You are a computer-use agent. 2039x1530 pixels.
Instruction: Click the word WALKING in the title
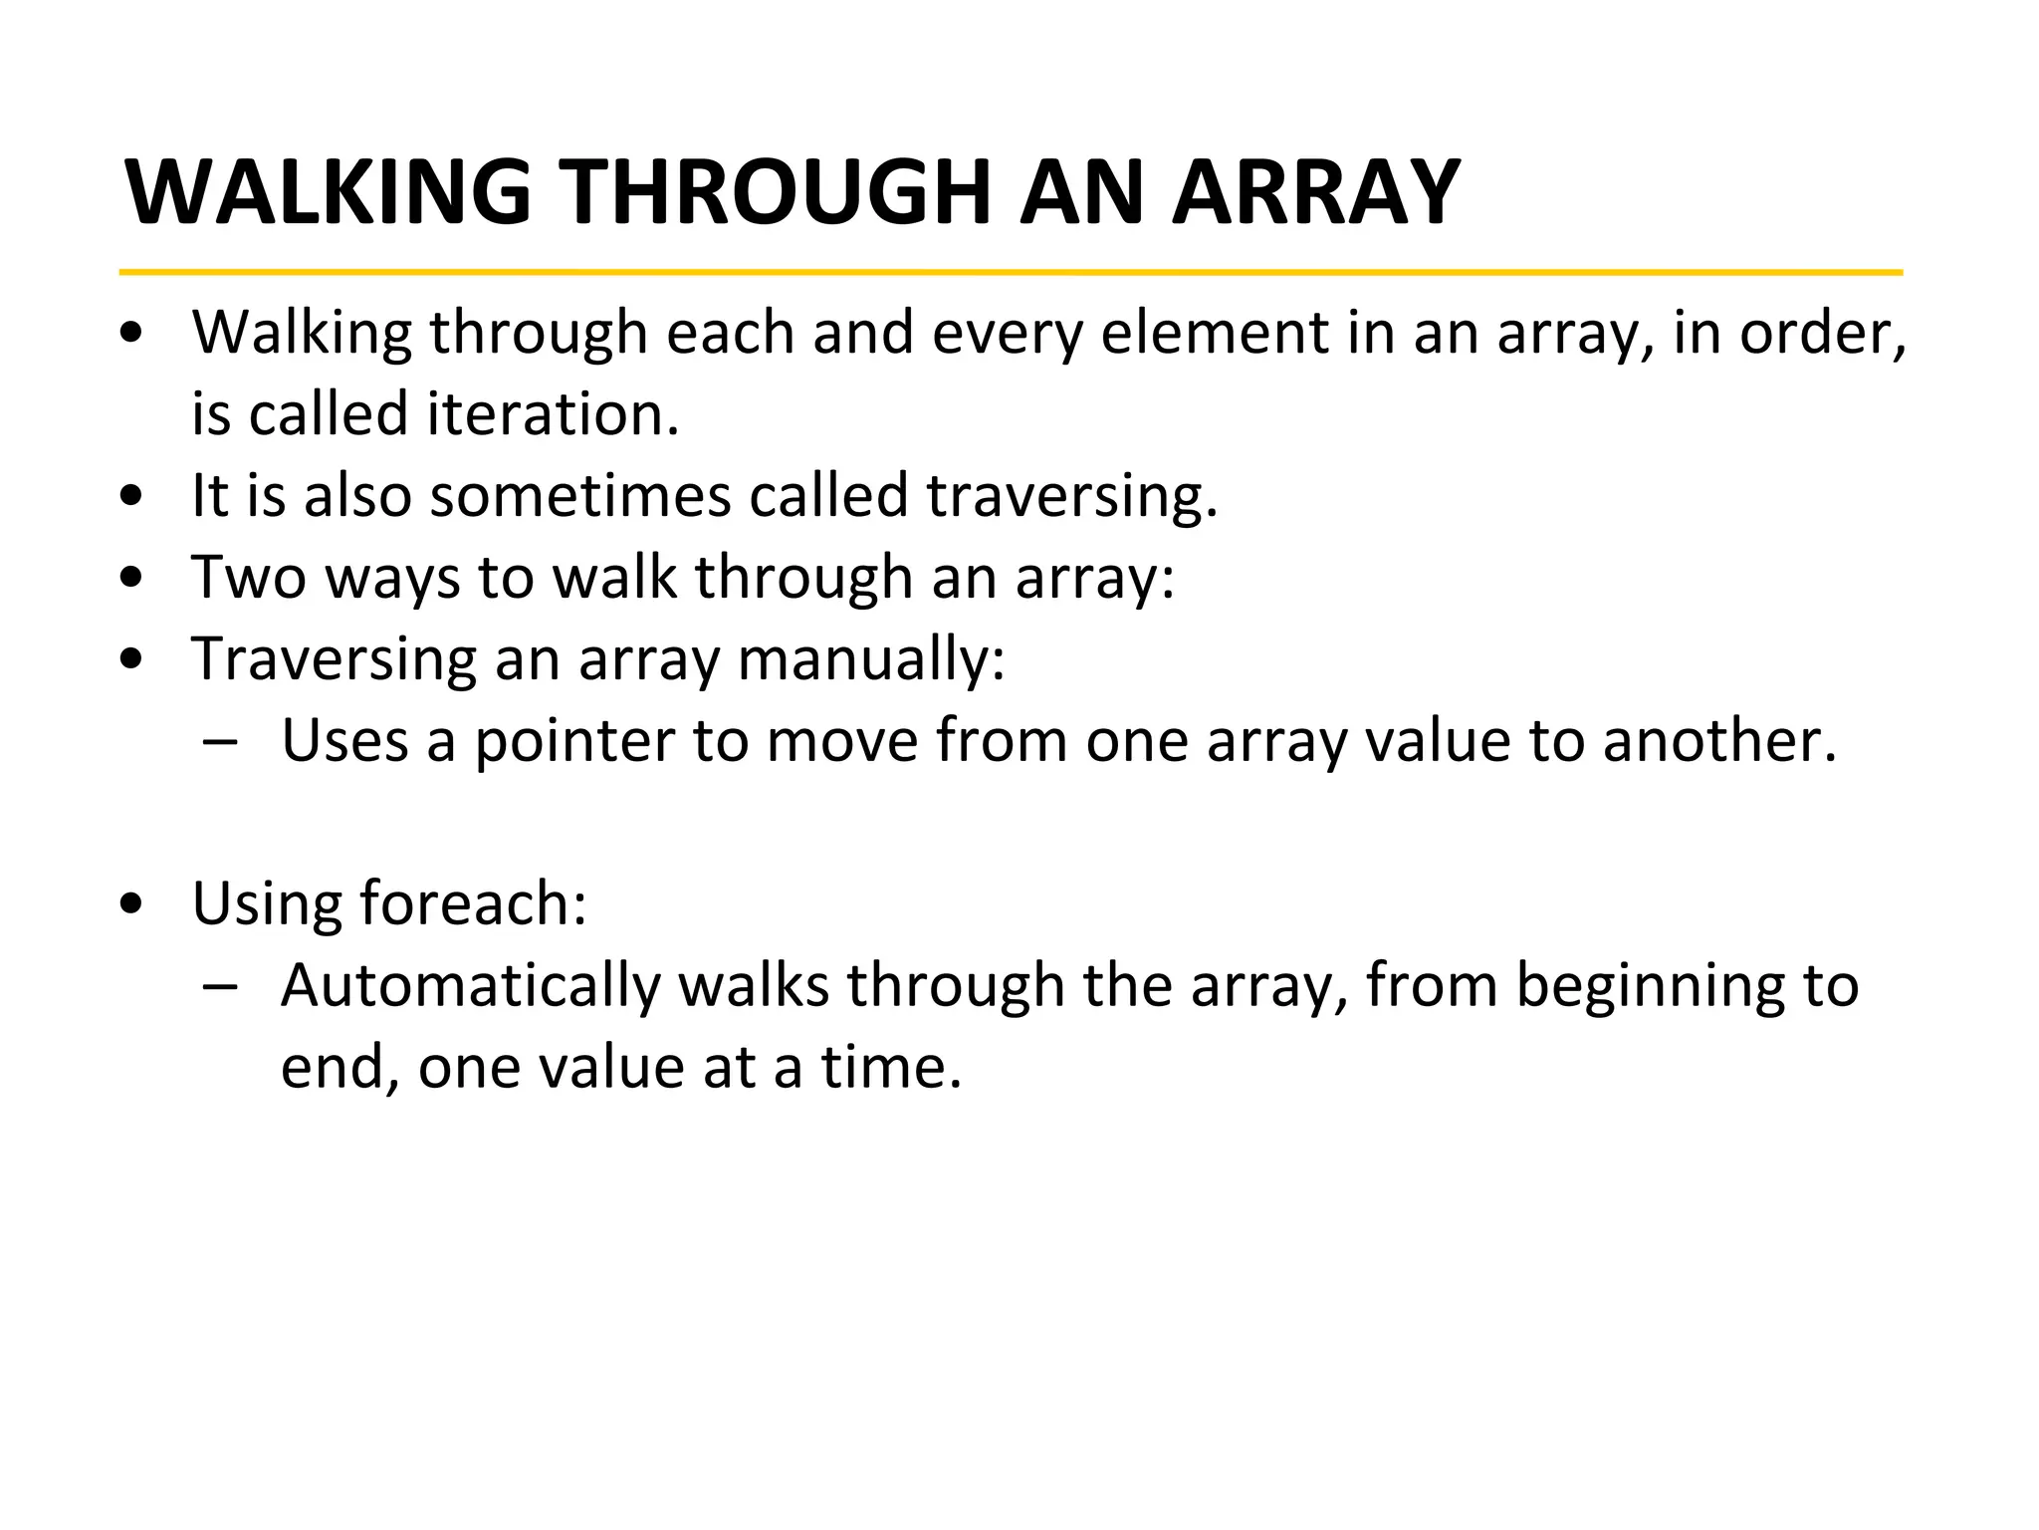329,192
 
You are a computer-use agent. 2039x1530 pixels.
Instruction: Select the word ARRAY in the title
1315,192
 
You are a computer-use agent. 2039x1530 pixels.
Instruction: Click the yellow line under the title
1011,271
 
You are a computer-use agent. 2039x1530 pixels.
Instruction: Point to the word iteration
553,413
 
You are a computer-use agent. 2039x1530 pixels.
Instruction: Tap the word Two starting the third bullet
249,577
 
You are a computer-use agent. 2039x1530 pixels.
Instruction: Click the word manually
870,658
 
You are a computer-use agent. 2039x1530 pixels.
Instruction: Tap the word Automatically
470,985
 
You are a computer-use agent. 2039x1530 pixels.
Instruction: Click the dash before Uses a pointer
219,741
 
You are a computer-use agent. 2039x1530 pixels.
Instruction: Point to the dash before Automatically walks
219,986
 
